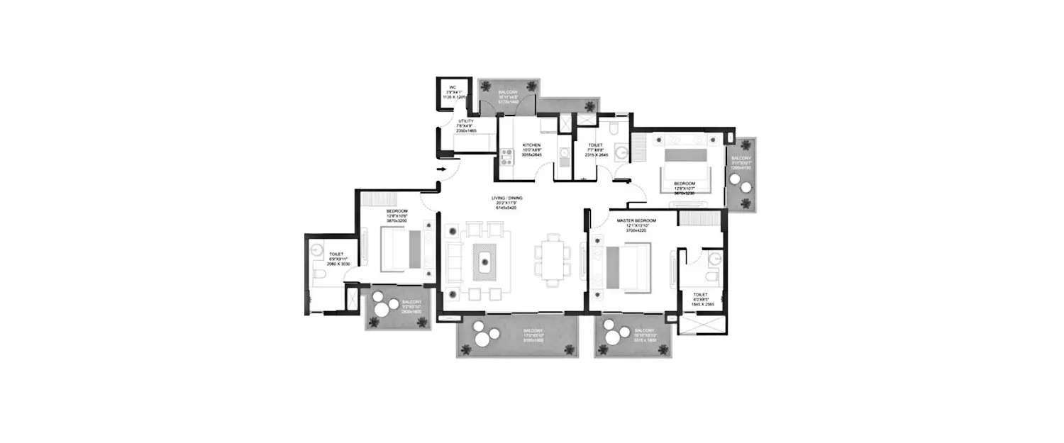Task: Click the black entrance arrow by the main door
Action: click(440, 170)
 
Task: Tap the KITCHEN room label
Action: click(532, 145)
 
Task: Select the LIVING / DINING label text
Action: click(505, 198)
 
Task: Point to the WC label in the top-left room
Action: click(450, 87)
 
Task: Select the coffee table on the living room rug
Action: click(486, 262)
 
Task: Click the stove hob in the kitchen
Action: click(506, 157)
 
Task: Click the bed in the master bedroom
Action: click(628, 268)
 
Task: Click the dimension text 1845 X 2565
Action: click(702, 303)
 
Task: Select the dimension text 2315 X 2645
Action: click(595, 154)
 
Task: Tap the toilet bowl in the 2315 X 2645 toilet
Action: click(614, 127)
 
